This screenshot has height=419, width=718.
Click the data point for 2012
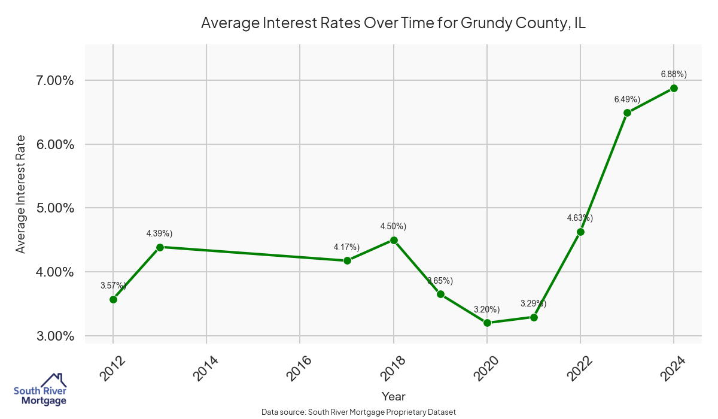click(x=113, y=299)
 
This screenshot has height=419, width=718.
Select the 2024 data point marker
click(x=674, y=88)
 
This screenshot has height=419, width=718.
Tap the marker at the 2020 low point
click(x=487, y=323)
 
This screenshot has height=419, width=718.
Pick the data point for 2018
click(x=394, y=240)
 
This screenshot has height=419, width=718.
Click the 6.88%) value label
click(x=674, y=74)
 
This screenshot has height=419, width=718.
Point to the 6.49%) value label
click(x=627, y=99)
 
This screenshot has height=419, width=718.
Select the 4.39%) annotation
click(x=159, y=233)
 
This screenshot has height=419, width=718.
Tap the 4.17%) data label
click(x=346, y=247)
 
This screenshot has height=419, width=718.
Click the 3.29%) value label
click(x=533, y=303)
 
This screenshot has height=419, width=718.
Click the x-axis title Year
click(x=393, y=396)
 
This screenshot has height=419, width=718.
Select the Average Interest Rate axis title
click(x=21, y=194)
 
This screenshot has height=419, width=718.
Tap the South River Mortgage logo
click(x=40, y=390)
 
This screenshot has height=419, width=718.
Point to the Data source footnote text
click(x=358, y=412)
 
